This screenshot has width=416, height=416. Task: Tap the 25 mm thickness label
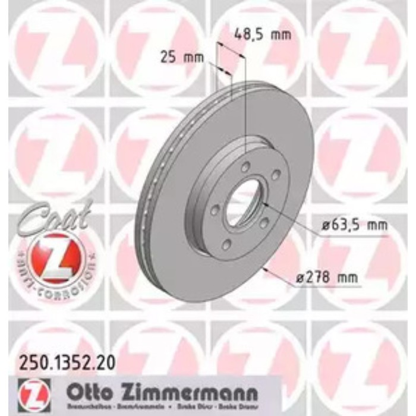pyautogui.click(x=181, y=58)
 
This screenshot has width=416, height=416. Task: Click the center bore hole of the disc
pyautogui.click(x=243, y=205)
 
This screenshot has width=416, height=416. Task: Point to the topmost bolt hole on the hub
pyautogui.click(x=245, y=166)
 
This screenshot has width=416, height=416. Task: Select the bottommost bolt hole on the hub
pyautogui.click(x=226, y=244)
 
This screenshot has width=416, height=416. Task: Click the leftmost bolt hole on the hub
pyautogui.click(x=215, y=210)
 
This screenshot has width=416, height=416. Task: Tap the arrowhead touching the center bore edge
pyautogui.click(x=265, y=206)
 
